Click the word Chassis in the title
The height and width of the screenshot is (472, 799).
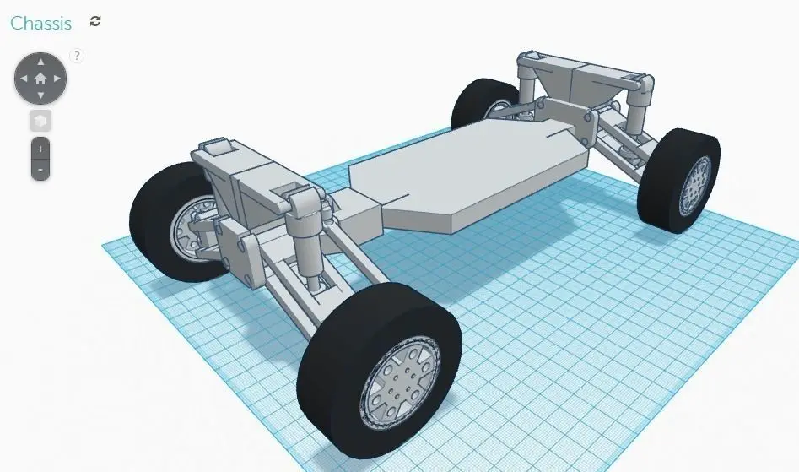click(40, 24)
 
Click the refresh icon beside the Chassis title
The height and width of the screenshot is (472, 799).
click(95, 22)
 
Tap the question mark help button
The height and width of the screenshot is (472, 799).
click(77, 56)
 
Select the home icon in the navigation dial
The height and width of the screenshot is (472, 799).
click(40, 79)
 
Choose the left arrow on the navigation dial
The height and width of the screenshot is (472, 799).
click(24, 79)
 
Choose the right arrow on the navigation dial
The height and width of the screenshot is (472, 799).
click(57, 79)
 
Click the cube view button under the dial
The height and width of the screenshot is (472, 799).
click(40, 121)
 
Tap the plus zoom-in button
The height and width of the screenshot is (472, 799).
click(40, 148)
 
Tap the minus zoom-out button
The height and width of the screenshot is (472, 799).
click(40, 169)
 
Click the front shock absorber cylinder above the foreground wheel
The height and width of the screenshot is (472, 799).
click(305, 240)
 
